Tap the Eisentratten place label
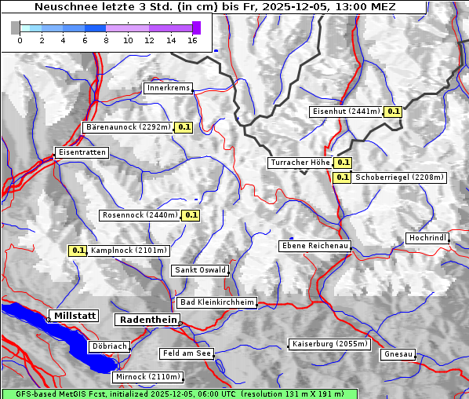[x=81, y=152]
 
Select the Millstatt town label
[x=74, y=316]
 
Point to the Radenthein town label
[x=147, y=320]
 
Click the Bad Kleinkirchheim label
[x=217, y=302]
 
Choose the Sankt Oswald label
[x=200, y=270]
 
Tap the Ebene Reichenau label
[x=314, y=246]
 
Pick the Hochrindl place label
[x=427, y=238]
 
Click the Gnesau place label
[x=398, y=354]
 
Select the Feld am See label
[x=187, y=353]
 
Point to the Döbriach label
[x=108, y=346]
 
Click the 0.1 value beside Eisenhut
[x=394, y=112]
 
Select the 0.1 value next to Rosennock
[x=191, y=215]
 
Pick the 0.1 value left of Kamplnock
[x=78, y=251]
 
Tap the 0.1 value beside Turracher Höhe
[x=343, y=163]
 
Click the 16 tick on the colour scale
[x=193, y=40]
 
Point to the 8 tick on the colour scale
[x=107, y=40]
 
